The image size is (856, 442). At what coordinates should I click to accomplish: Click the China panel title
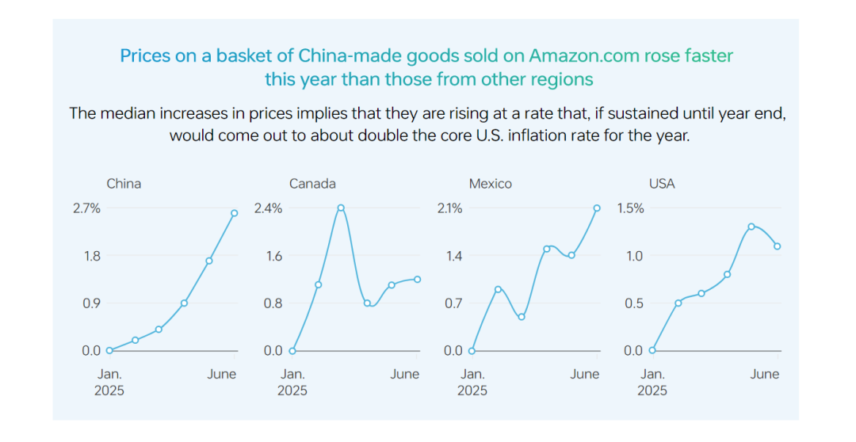pos(124,184)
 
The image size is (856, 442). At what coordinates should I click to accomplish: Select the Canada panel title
pos(312,184)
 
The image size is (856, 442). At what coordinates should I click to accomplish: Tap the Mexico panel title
pos(491,184)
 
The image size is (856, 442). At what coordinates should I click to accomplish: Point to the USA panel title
pos(662,184)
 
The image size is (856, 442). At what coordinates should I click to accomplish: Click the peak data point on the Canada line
pos(341,208)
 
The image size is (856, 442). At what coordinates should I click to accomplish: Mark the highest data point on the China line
pos(235,213)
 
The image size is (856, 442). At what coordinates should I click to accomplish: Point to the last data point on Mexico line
pos(597,208)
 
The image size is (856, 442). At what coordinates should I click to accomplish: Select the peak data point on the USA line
pos(751,227)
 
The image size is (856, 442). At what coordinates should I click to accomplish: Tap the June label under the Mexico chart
pos(585,375)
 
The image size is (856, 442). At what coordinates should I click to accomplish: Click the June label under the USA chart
pos(765,375)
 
